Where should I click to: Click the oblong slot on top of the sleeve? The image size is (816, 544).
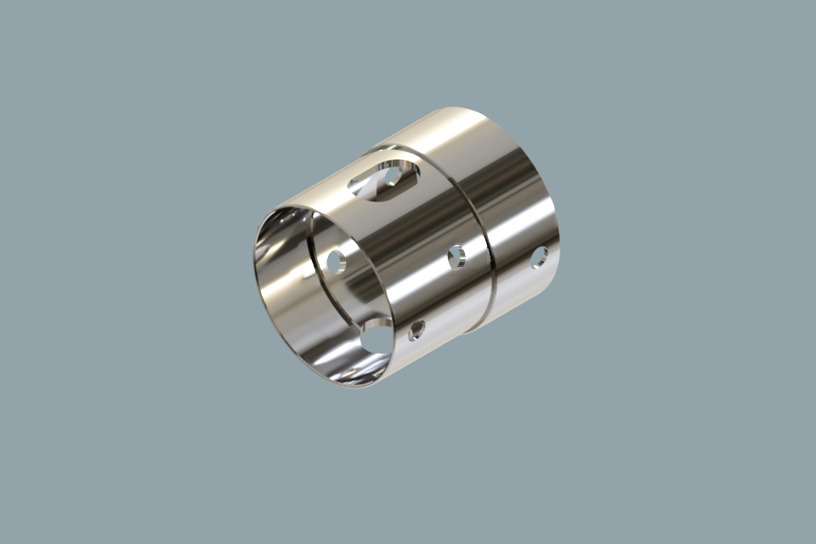pos(383,178)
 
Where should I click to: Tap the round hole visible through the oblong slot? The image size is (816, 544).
pos(393,176)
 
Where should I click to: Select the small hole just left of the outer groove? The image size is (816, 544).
pos(456,256)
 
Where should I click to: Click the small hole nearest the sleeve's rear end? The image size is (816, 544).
pos(539,257)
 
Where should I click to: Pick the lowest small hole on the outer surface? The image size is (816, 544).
pos(416,330)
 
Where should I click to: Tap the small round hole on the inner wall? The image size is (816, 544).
pos(336,262)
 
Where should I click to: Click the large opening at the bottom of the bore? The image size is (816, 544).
pos(375,337)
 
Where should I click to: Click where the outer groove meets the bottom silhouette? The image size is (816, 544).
pos(473,330)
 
